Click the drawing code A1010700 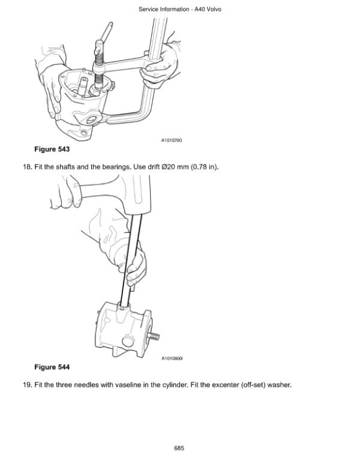(x=171, y=140)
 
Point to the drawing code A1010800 (x=171, y=359)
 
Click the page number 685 (x=179, y=448)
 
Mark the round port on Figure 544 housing (x=127, y=343)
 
